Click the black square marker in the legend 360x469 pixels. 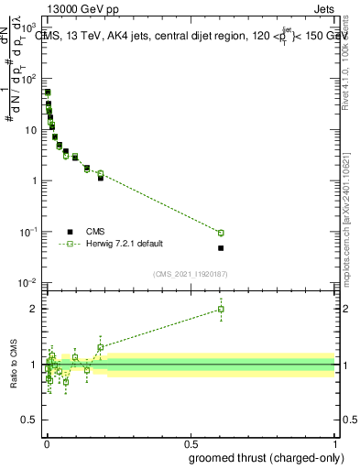(70, 232)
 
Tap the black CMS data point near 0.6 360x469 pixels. (221, 248)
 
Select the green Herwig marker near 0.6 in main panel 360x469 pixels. (221, 233)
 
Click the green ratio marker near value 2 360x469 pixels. (221, 310)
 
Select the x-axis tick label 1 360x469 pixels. (335, 442)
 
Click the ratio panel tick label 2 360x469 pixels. (33, 309)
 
